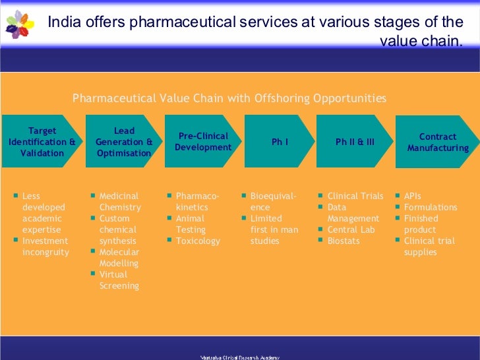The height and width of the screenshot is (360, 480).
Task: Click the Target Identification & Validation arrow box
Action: pos(42,142)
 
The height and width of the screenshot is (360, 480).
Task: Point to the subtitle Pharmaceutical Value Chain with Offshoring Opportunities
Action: pos(229,99)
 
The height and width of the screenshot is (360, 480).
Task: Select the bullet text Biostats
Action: pos(344,241)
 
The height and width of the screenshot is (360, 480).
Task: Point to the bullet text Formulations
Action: pos(430,207)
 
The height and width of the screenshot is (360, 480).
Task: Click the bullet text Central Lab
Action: pos(351,229)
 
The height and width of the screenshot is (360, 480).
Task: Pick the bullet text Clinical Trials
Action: pos(355,196)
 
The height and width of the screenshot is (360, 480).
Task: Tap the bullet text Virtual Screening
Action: pos(119,280)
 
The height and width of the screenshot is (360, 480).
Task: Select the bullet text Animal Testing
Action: pos(191,224)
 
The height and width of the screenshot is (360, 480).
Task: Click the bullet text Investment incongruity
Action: pos(45,247)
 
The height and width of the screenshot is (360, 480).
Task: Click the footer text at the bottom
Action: pos(240,357)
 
